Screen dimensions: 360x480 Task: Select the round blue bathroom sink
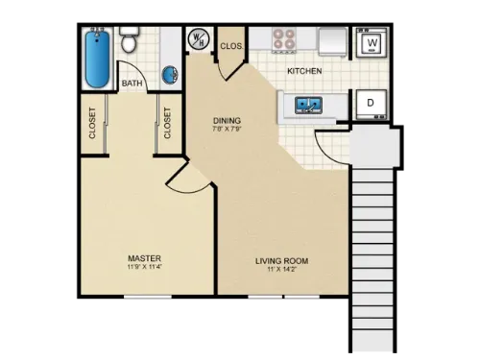coord(170,74)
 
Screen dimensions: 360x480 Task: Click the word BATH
coord(133,84)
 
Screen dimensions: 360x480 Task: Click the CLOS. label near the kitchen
coord(231,45)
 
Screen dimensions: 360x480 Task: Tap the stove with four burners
coord(284,40)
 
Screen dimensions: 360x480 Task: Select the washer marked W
coord(371,41)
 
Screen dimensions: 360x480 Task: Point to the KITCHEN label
coord(304,71)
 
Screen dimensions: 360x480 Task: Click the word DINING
coord(227,121)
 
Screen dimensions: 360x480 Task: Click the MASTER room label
coord(144,258)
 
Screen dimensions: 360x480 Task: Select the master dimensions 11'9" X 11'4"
coord(144,269)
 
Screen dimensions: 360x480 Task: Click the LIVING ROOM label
coord(281,261)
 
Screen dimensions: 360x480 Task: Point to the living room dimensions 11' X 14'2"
coord(281,271)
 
